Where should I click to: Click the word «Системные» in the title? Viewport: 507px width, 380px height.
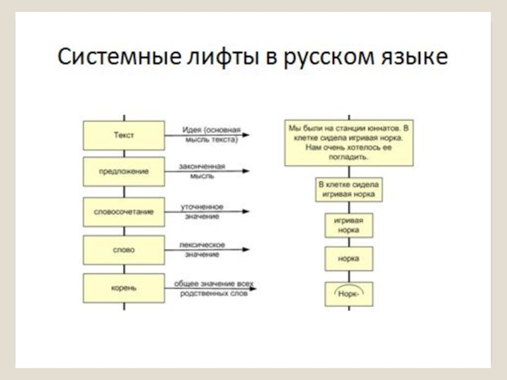(x=119, y=56)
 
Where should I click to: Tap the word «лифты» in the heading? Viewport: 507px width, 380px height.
(x=223, y=56)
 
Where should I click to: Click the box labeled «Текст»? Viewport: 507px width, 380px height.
(x=124, y=136)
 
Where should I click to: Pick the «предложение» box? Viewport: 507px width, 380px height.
(x=124, y=172)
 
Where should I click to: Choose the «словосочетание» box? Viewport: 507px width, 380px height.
(x=124, y=212)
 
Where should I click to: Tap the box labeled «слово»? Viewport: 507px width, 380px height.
(x=124, y=250)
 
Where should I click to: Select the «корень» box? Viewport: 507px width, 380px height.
(x=124, y=288)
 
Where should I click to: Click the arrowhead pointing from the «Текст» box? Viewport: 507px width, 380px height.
(x=246, y=135)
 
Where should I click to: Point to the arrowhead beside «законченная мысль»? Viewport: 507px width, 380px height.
(x=246, y=171)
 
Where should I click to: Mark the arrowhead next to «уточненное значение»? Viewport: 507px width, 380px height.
(x=246, y=212)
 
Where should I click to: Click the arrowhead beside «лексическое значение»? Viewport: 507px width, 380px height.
(x=246, y=250)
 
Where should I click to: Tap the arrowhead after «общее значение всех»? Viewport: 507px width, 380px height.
(x=253, y=288)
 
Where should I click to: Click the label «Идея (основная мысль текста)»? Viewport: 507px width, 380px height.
(x=212, y=134)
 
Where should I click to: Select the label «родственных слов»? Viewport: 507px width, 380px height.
(x=214, y=294)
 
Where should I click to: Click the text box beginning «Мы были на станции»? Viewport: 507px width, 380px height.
(x=349, y=143)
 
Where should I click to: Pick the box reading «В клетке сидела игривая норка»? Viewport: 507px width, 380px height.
(x=349, y=189)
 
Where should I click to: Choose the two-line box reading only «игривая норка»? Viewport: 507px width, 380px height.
(x=349, y=225)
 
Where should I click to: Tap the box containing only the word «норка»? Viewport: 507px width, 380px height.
(x=349, y=259)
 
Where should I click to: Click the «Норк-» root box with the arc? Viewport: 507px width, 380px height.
(x=349, y=294)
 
